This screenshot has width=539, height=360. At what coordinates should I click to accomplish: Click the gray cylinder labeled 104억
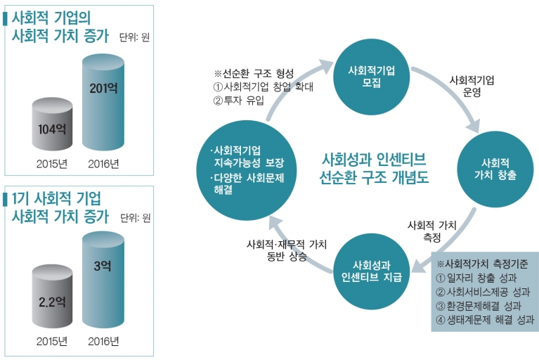pyautogui.click(x=52, y=124)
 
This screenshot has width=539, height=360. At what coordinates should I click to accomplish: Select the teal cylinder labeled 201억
pyautogui.click(x=103, y=102)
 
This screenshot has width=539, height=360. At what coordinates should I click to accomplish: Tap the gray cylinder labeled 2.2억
pyautogui.click(x=52, y=297)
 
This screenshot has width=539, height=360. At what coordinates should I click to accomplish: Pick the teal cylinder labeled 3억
pyautogui.click(x=103, y=280)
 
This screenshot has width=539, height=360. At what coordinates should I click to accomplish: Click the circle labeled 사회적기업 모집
pyautogui.click(x=372, y=77)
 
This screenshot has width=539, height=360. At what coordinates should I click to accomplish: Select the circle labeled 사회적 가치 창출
pyautogui.click(x=495, y=169)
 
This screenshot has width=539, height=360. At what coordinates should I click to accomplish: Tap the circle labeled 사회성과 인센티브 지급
pyautogui.click(x=372, y=271)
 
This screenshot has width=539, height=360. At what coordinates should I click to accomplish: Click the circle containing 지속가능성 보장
pyautogui.click(x=247, y=170)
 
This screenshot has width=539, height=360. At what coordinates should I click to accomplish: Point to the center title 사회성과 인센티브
pyautogui.click(x=374, y=159)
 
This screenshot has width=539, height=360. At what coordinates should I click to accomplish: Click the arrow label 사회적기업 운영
pyautogui.click(x=472, y=86)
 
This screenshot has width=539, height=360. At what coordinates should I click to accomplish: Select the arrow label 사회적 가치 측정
pyautogui.click(x=431, y=231)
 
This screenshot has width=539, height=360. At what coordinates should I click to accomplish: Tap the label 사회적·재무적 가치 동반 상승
pyautogui.click(x=287, y=250)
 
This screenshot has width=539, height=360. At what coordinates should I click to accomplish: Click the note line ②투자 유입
pyautogui.click(x=238, y=101)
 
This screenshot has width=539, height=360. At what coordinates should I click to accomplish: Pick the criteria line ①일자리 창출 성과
pyautogui.click(x=476, y=278)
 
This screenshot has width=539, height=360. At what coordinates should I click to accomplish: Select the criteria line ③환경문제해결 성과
pyautogui.click(x=479, y=306)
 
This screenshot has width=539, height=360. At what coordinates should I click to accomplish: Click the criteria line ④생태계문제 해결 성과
pyautogui.click(x=485, y=320)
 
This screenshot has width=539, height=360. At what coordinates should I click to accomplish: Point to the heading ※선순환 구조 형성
pyautogui.click(x=254, y=73)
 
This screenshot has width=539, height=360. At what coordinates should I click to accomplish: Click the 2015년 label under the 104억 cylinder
pyautogui.click(x=52, y=164)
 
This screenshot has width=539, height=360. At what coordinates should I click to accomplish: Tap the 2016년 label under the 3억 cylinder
pyautogui.click(x=103, y=342)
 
